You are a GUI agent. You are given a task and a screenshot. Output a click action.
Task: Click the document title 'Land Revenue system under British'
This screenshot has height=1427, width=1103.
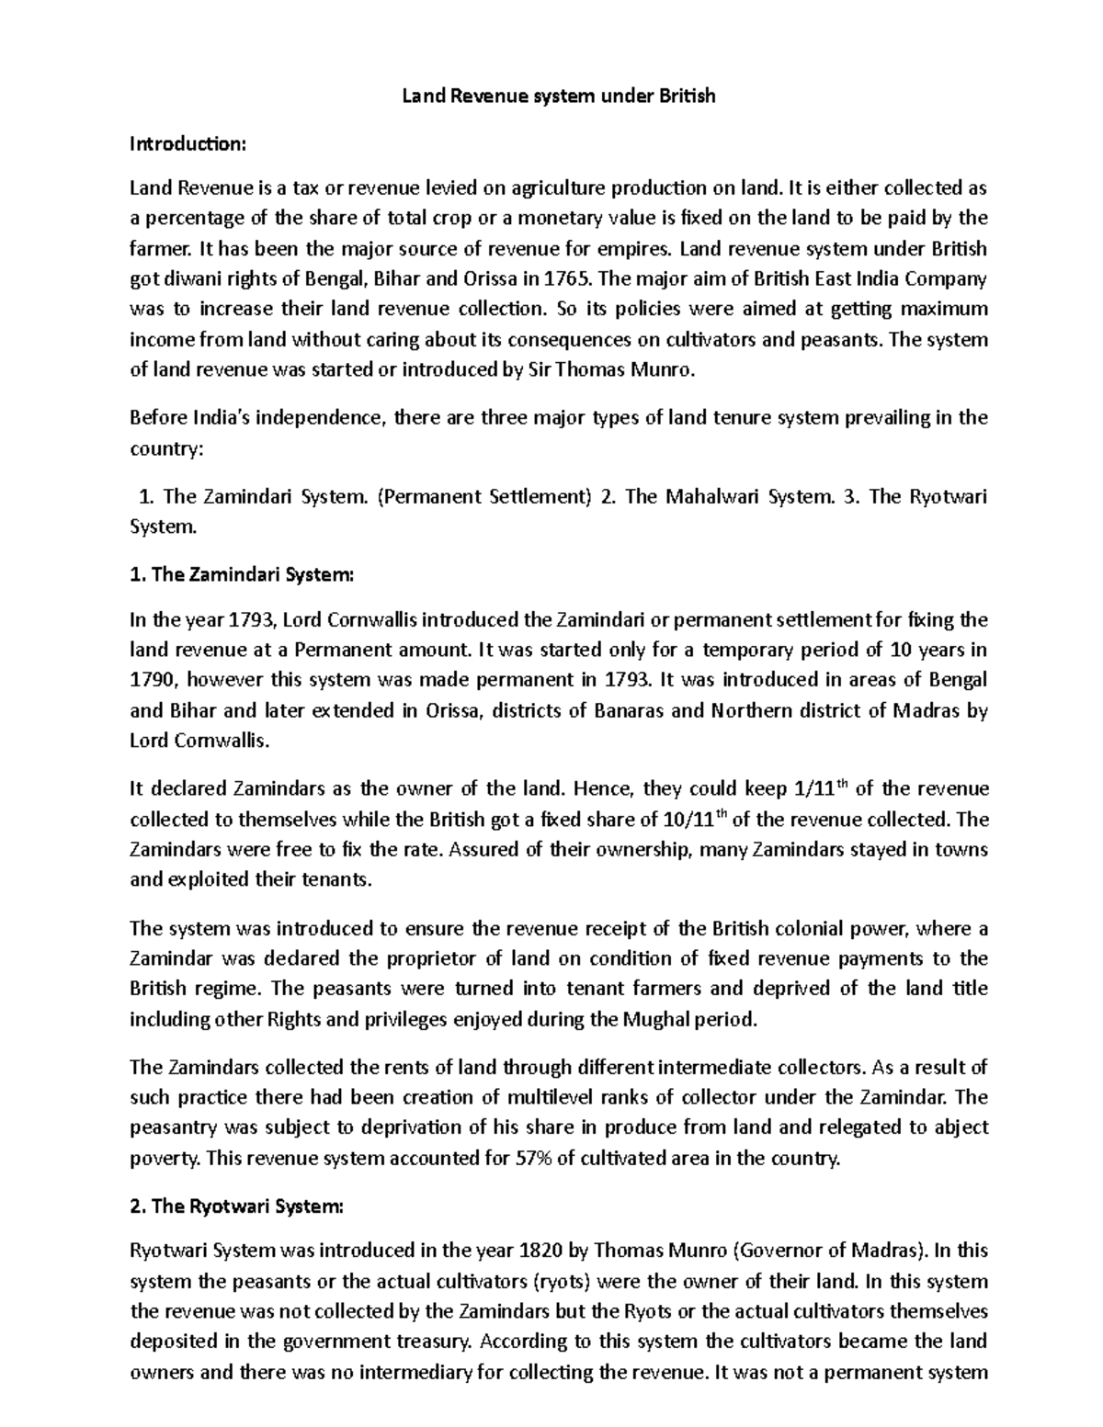[x=559, y=96]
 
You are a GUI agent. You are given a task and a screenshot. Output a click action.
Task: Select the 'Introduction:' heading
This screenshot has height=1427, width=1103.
[x=188, y=143]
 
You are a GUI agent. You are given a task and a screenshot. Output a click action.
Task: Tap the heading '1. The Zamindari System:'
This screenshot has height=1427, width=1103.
[x=241, y=575]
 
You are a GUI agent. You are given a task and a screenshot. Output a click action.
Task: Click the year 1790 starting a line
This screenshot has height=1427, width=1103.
[x=153, y=680]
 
